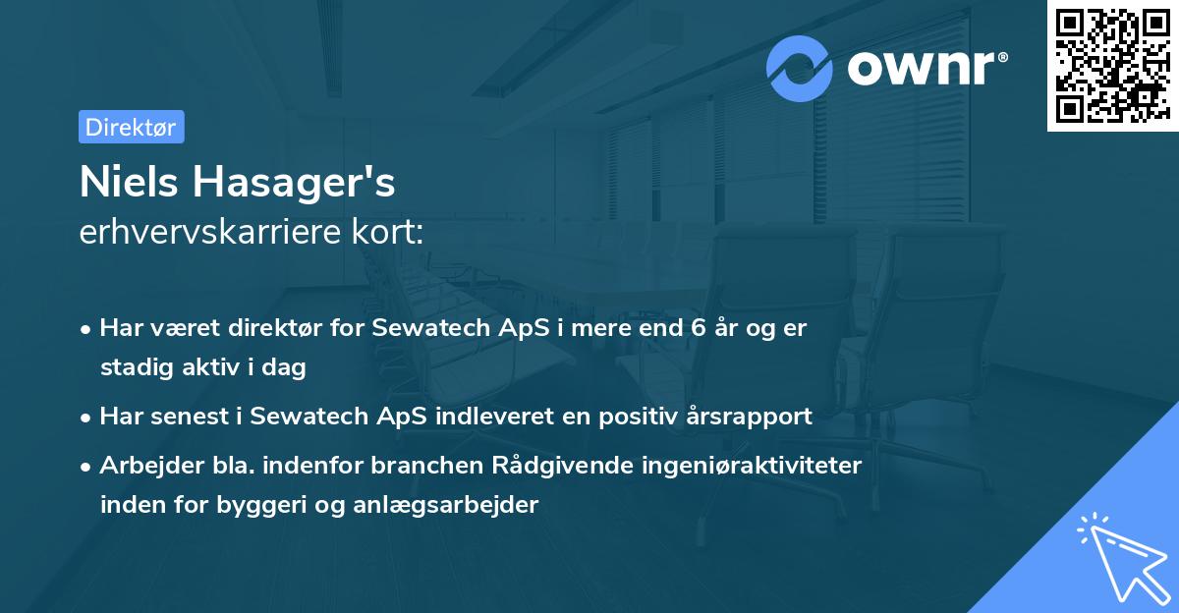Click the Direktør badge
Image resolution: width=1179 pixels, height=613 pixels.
pos(132,127)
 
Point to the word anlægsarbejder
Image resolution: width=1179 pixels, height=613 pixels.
pos(455,505)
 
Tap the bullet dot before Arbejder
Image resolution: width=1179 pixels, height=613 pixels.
pos(87,467)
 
